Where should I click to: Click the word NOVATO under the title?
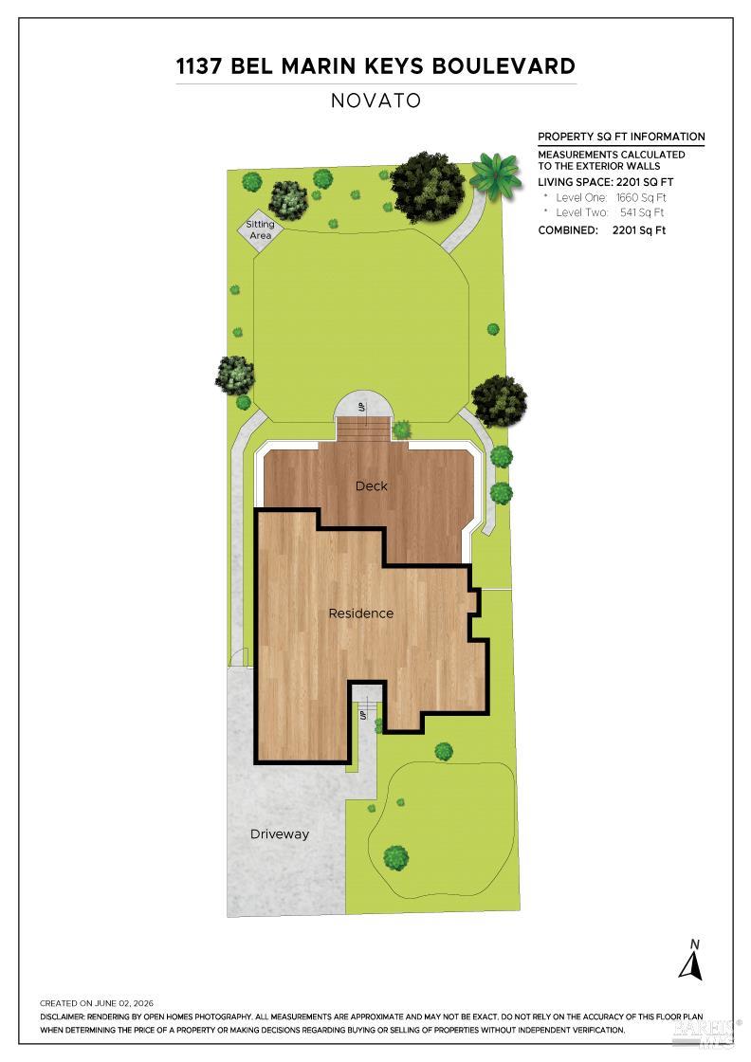point(375,101)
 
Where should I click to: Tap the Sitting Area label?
point(260,229)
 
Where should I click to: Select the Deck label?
point(371,485)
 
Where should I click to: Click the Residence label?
point(361,613)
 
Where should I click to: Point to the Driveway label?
point(280,834)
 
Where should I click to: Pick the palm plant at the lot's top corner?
point(496,175)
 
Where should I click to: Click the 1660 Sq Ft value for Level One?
point(641,198)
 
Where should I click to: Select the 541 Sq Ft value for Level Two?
point(642,212)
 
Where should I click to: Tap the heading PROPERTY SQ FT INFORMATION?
point(621,137)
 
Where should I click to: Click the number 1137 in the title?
point(200,66)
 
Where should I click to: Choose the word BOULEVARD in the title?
point(504,66)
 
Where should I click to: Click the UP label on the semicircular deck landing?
point(361,407)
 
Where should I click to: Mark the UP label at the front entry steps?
point(364,715)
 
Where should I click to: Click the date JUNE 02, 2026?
point(124,1004)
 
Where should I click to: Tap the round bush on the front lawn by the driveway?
point(395,858)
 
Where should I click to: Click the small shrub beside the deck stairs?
point(401,430)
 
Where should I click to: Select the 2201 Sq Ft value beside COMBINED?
point(638,230)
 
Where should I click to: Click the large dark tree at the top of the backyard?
point(428,187)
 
